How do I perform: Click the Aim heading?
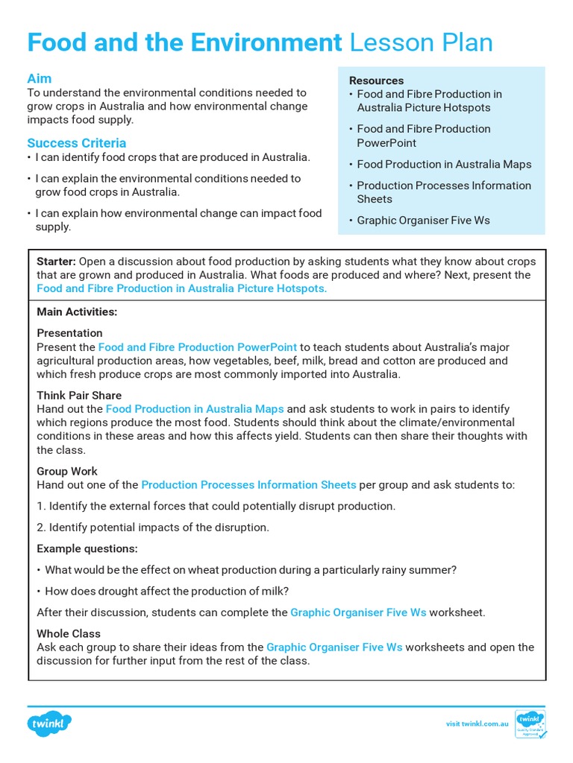pos(40,78)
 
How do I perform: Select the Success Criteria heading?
pos(77,142)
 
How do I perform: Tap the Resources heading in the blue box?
pos(376,80)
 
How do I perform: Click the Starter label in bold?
pos(56,262)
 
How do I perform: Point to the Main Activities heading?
pos(77,311)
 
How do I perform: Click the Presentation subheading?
pos(69,333)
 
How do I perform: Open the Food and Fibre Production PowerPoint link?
pos(198,347)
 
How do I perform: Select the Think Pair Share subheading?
pos(79,395)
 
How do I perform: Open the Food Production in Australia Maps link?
pos(195,409)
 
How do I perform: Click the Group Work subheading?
pos(67,471)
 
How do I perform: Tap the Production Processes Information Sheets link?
pos(248,485)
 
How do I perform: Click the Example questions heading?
pos(87,548)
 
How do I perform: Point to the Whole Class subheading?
pos(69,633)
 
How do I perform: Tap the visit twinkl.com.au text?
pos(477,724)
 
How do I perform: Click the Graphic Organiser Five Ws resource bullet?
pos(423,221)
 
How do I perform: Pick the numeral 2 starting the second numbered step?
pos(40,528)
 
